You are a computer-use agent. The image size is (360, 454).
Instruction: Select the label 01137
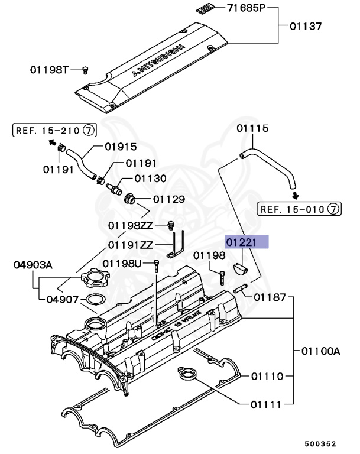tap(306, 26)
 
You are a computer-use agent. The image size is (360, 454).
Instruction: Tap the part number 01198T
tap(50, 70)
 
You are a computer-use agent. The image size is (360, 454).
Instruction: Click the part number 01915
tap(121, 147)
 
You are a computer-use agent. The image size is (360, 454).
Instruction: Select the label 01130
tap(150, 178)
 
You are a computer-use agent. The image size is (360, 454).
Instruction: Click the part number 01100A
tap(320, 351)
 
